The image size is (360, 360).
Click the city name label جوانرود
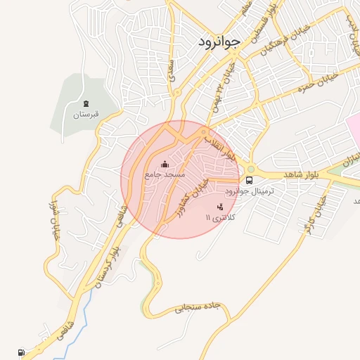pos(219,41)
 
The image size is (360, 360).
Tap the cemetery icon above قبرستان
pos(86,103)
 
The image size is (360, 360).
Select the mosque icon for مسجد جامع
pos(165,165)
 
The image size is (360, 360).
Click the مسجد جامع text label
pos(165,174)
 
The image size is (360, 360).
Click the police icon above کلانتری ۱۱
pos(220,207)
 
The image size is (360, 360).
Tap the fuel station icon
pos(20,352)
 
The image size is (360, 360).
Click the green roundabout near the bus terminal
pos(251,169)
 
